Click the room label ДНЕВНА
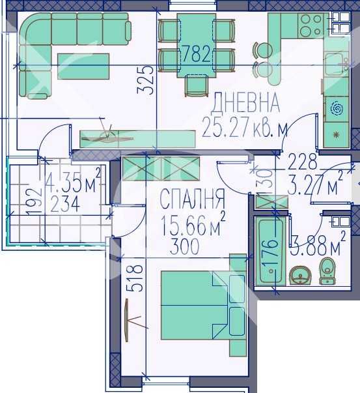[247, 102]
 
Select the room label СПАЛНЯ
[192, 197]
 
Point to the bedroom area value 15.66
[188, 229]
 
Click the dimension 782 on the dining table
[196, 53]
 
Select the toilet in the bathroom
[327, 271]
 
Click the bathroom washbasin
[301, 276]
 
